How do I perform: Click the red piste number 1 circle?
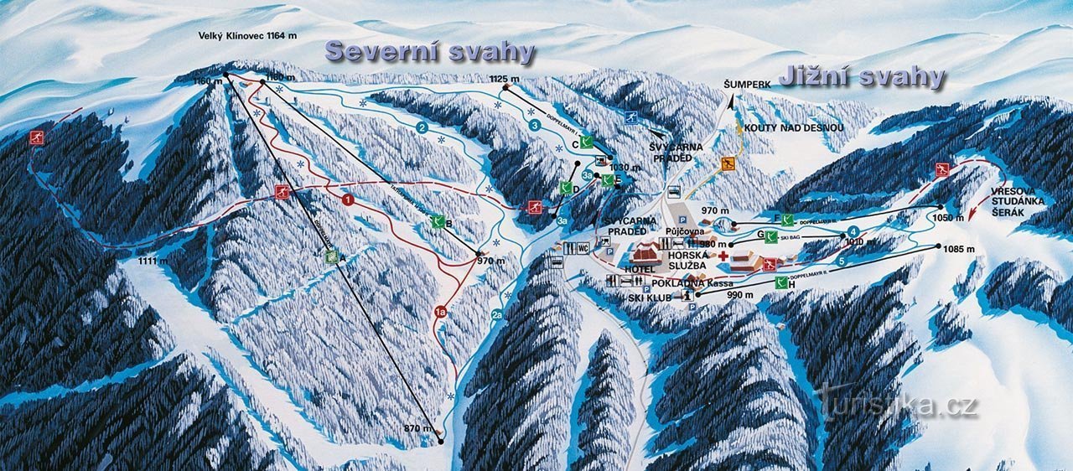(x=346, y=200)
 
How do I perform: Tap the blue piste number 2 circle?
(x=422, y=127)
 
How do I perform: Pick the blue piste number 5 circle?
(x=841, y=261)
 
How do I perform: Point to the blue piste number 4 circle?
(x=853, y=231)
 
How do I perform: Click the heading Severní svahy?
(x=430, y=52)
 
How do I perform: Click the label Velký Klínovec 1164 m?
(x=247, y=36)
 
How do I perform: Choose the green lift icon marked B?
(x=437, y=222)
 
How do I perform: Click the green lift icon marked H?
(x=781, y=283)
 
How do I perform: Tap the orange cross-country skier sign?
(x=728, y=164)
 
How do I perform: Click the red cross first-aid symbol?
(x=723, y=255)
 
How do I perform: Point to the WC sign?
(x=582, y=248)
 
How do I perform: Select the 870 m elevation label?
(x=413, y=428)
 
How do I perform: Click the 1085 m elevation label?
(x=958, y=249)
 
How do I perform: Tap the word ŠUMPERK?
(x=747, y=85)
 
